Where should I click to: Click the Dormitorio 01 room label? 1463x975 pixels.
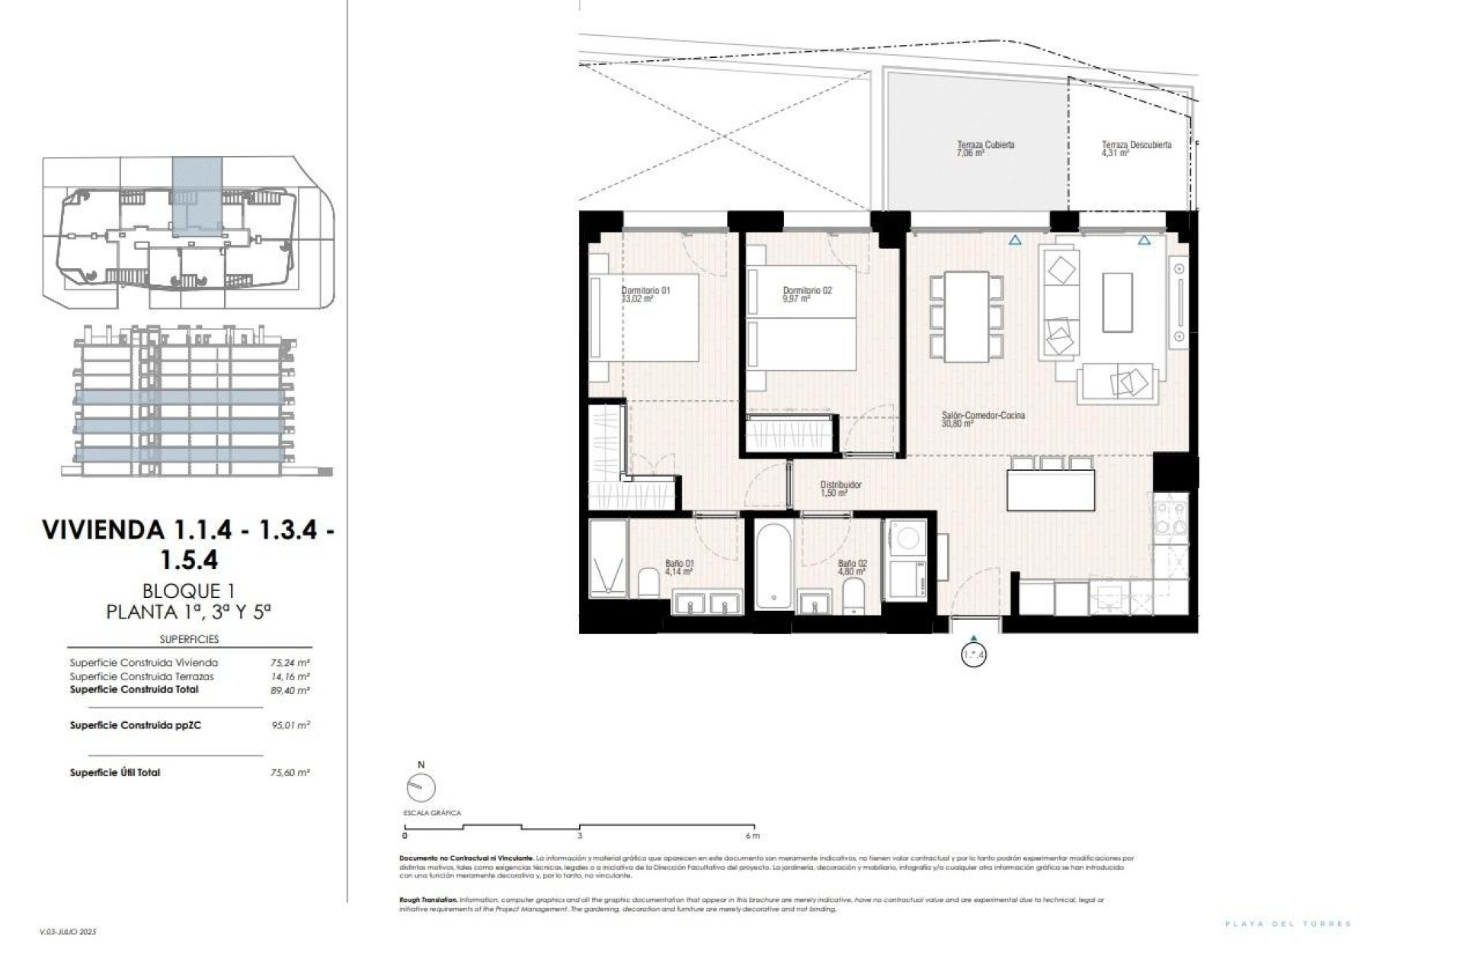click(x=645, y=290)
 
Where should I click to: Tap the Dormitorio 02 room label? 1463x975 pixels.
click(x=807, y=290)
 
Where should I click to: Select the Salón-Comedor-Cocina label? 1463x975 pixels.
click(x=983, y=416)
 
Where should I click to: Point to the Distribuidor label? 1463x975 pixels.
click(x=840, y=485)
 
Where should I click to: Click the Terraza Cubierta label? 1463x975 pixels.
click(x=985, y=145)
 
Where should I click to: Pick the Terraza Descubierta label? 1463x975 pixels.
click(x=1136, y=145)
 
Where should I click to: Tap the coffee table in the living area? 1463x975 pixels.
click(x=1117, y=302)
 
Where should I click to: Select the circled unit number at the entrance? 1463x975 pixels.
click(x=974, y=654)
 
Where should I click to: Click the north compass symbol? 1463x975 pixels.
click(x=421, y=788)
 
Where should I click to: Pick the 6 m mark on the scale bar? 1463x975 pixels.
click(x=753, y=836)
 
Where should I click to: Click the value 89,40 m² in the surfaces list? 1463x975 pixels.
click(x=290, y=691)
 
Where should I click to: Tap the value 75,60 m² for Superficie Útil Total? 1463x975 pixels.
click(x=290, y=772)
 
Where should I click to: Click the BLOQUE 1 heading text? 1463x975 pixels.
click(x=187, y=590)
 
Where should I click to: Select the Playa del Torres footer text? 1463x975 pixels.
click(x=1288, y=924)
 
